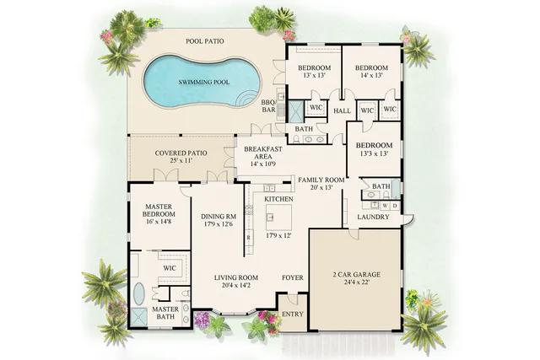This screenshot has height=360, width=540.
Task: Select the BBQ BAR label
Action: tap(269, 106)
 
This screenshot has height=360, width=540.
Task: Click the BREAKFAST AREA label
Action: tap(262, 153)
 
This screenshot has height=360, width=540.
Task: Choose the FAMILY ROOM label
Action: tap(321, 180)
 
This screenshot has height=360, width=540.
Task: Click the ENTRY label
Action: tap(292, 314)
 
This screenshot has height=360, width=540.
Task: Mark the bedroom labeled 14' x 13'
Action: tap(370, 72)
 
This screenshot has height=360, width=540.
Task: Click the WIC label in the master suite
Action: tap(170, 268)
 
